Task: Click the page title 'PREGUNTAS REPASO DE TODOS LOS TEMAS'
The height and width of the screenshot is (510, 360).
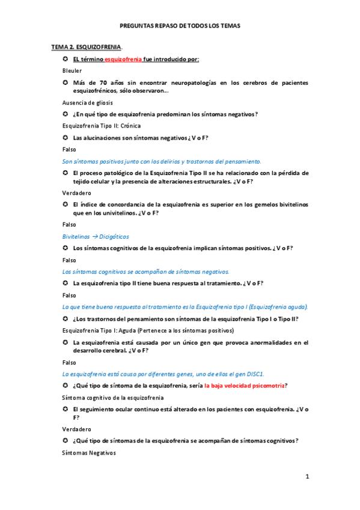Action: [180, 26]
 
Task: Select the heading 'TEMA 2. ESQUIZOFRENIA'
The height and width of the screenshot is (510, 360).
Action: [87, 46]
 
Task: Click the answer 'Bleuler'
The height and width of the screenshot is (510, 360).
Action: [72, 70]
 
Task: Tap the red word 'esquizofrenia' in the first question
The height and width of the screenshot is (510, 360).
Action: [123, 59]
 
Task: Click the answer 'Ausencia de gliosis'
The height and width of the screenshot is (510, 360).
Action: [87, 102]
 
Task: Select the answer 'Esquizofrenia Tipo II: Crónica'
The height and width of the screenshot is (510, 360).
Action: [102, 126]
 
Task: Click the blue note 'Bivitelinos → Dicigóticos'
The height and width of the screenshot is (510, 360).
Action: [96, 236]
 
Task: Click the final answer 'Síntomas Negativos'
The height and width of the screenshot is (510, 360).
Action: [89, 452]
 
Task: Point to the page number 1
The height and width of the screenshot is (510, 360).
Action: [307, 477]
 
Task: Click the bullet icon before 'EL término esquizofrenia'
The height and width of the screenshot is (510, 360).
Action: [66, 59]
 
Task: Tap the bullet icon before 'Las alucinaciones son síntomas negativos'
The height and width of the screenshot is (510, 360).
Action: [66, 138]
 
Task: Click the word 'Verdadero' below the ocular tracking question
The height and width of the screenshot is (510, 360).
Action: [76, 429]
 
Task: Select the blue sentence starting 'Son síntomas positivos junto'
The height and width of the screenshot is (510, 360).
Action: [162, 161]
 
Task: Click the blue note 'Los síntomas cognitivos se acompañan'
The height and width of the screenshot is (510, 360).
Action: [145, 271]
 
